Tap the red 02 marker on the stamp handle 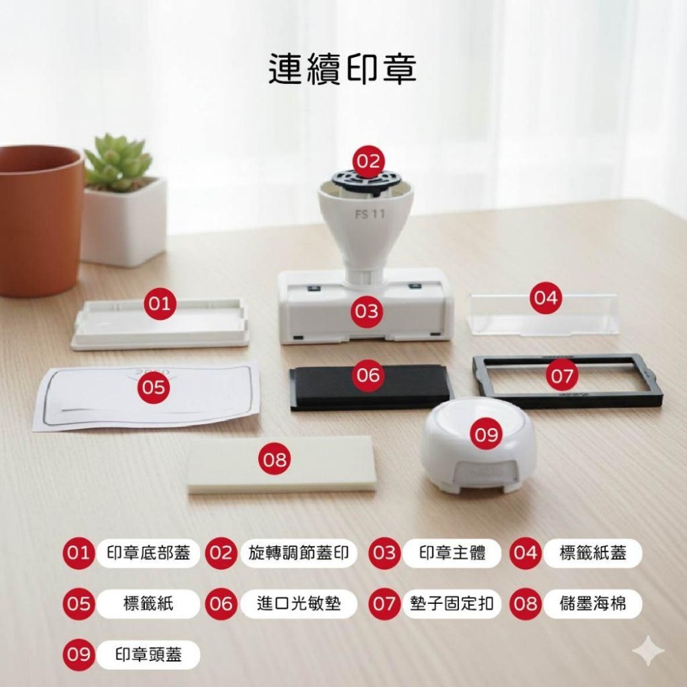tap(368, 161)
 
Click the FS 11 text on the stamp tap(370, 214)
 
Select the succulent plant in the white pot tap(118, 163)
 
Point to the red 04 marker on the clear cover tap(545, 298)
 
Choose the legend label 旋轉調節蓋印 tap(299, 553)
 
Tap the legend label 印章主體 tap(451, 553)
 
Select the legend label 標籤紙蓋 tap(592, 553)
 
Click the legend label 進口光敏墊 tap(299, 604)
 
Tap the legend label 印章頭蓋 tap(148, 655)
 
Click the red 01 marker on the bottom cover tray tap(160, 303)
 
